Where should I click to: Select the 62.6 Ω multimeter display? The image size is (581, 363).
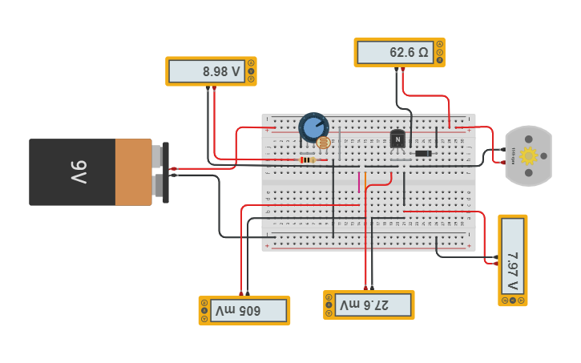(395, 52)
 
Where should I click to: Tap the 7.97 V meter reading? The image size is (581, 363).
(512, 260)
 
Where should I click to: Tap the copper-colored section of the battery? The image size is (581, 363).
(133, 171)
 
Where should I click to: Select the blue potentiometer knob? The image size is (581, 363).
(313, 127)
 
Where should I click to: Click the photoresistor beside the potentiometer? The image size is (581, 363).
(324, 143)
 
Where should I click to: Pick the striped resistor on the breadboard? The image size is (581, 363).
(308, 159)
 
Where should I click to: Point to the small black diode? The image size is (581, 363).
(423, 153)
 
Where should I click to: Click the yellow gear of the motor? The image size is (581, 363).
(528, 156)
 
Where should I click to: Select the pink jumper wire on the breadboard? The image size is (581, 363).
(359, 183)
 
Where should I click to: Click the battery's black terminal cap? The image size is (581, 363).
(166, 171)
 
